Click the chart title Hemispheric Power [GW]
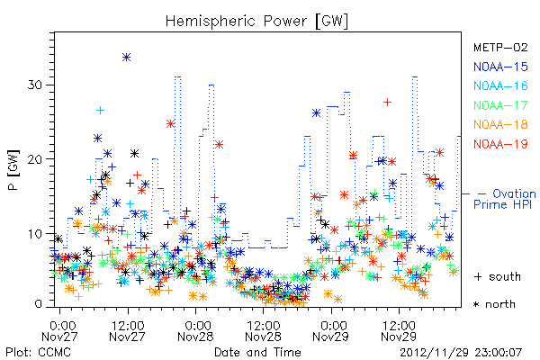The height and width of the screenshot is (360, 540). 256,22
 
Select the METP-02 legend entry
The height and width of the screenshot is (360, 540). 500,47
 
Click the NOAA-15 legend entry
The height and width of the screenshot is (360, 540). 500,67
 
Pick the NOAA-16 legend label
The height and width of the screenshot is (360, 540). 500,85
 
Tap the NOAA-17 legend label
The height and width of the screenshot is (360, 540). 500,105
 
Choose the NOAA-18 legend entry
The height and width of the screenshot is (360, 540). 500,124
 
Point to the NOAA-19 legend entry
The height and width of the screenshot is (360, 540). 500,144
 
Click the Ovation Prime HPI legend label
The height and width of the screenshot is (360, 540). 505,199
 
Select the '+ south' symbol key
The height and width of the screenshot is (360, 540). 498,276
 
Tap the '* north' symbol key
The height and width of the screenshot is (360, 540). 494,304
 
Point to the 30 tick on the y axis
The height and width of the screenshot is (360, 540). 35,85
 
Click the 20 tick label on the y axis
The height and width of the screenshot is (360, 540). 35,159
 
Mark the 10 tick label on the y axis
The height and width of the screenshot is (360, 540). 35,234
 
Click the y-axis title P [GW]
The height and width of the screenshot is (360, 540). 13,169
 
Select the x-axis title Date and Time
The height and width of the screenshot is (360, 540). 257,352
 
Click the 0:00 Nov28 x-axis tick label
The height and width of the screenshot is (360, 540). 195,330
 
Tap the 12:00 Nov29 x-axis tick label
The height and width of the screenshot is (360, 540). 399,330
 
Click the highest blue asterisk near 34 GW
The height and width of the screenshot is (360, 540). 126,58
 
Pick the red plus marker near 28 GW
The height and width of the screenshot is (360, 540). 387,103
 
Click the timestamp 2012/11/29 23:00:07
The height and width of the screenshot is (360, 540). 461,353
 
